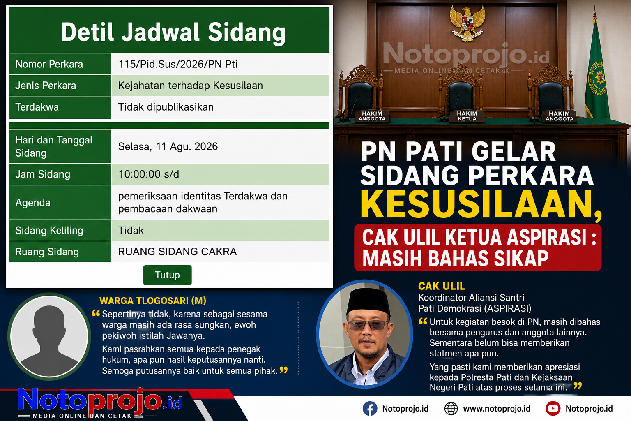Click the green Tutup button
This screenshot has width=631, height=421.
167,275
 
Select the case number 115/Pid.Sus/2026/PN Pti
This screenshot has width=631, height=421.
178,64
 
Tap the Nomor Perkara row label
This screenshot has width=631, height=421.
49,64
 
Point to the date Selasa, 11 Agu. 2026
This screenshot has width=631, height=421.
168,147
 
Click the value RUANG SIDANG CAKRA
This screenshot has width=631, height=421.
177,252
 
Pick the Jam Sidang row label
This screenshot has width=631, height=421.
43,174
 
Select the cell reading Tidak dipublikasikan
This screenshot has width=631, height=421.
166,107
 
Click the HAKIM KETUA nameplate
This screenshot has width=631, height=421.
467,116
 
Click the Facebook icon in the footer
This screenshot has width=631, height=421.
370,408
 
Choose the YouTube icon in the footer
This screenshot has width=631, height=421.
553,408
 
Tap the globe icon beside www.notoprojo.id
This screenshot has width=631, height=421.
451,408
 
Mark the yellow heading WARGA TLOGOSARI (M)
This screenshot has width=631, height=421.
153,301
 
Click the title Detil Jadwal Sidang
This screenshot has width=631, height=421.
173,32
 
